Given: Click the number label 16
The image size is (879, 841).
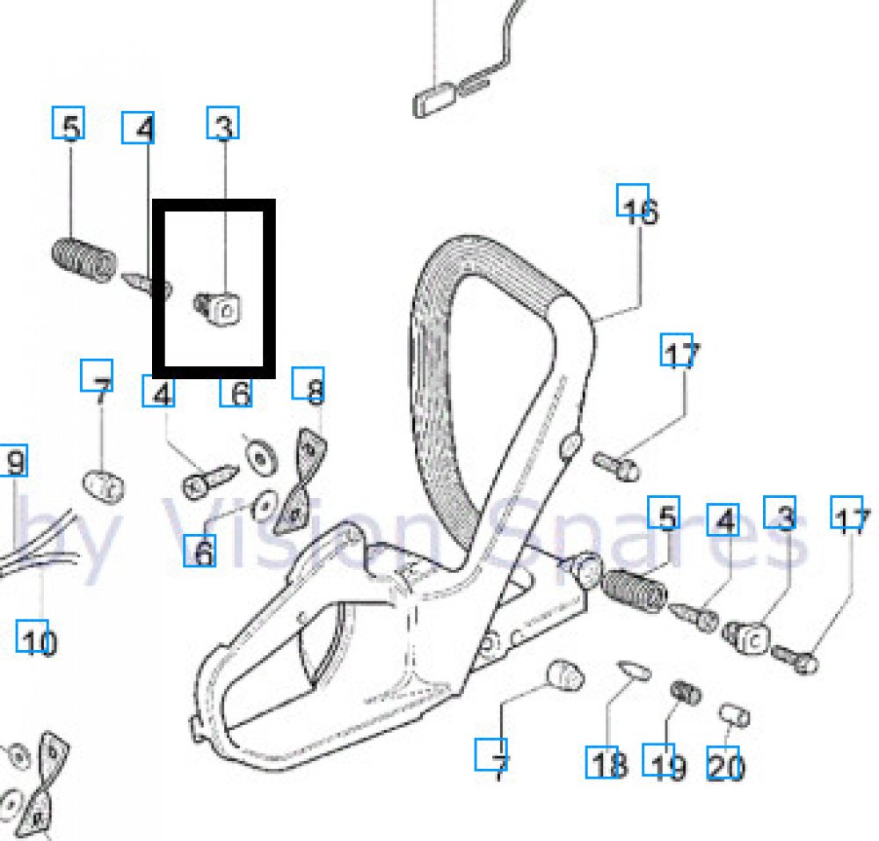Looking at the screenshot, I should click(639, 208).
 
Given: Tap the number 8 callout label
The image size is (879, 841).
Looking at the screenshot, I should click(313, 388).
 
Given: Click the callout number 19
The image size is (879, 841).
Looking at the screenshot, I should click(665, 764).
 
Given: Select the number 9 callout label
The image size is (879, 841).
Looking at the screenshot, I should click(14, 460).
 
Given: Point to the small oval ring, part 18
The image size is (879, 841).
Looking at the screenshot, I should click(632, 669).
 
